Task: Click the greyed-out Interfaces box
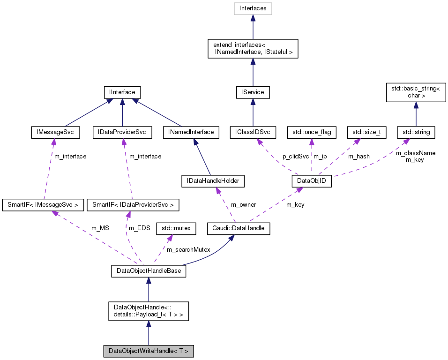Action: point(253,8)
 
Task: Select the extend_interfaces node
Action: point(253,48)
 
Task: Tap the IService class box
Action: point(253,92)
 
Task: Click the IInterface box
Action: point(122,92)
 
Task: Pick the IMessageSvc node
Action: point(55,132)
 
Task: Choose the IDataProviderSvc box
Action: point(122,132)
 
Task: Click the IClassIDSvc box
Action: point(253,132)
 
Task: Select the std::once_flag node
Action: point(312,132)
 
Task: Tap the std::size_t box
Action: point(366,132)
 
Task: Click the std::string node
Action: point(416,132)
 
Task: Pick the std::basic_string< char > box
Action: point(416,92)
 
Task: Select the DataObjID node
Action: point(312,181)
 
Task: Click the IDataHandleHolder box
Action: point(213,181)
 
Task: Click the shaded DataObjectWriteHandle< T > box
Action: point(148,351)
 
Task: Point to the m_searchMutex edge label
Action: point(188,250)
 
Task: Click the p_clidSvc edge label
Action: point(295,156)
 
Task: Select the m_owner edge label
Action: point(243,204)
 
